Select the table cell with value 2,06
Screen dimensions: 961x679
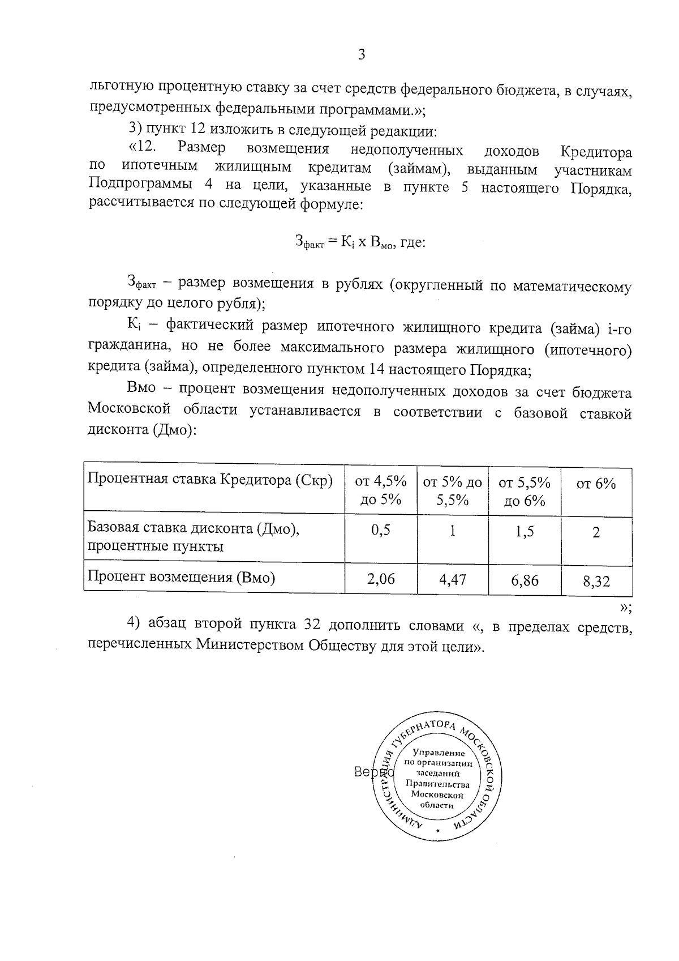coord(381,578)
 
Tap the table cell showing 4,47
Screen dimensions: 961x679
coord(452,579)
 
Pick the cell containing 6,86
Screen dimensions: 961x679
coord(525,580)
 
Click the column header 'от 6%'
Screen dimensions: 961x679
coord(596,484)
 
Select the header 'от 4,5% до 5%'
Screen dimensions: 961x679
coord(381,490)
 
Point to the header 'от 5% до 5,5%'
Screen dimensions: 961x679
coord(452,491)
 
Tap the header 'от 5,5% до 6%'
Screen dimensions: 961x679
coord(525,491)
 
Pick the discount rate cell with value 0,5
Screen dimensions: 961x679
coord(381,531)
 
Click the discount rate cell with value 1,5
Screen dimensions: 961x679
coord(525,532)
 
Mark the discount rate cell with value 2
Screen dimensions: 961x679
coord(596,532)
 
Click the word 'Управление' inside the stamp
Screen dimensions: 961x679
coord(439,753)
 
